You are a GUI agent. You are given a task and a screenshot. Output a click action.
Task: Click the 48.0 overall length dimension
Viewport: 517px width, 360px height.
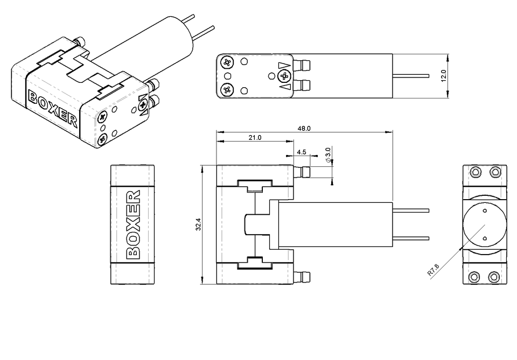click(305, 129)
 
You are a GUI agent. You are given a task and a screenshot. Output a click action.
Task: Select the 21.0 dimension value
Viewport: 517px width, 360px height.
click(255, 138)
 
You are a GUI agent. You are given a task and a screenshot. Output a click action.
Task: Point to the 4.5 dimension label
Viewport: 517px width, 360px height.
click(301, 152)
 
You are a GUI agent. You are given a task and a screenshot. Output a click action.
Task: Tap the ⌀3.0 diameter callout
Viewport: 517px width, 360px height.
click(328, 154)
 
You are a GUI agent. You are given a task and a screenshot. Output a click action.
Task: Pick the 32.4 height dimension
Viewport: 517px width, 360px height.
click(198, 224)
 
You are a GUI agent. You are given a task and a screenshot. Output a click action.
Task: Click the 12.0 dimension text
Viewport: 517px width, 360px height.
click(444, 76)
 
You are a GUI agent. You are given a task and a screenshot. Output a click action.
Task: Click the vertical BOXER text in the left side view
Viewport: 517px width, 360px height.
click(132, 224)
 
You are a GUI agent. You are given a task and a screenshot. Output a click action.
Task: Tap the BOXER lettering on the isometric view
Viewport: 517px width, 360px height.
click(53, 110)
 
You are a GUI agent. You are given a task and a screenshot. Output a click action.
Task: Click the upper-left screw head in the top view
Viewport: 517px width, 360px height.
click(227, 63)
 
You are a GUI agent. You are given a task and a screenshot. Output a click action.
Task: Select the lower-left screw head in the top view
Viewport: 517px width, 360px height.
click(227, 89)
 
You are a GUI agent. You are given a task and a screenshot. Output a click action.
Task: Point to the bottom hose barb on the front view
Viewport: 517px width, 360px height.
click(304, 277)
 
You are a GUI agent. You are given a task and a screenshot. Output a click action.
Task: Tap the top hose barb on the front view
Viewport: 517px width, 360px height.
click(304, 172)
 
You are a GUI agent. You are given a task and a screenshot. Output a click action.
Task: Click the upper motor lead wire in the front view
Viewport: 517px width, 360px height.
click(412, 210)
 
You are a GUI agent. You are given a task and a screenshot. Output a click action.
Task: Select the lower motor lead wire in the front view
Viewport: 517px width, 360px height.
click(412, 238)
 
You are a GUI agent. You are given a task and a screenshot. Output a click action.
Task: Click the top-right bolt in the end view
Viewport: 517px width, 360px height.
click(494, 172)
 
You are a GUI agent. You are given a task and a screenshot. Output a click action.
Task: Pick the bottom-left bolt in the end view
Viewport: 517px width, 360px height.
click(474, 277)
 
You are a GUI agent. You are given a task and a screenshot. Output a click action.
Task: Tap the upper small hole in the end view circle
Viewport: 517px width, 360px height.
click(484, 210)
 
